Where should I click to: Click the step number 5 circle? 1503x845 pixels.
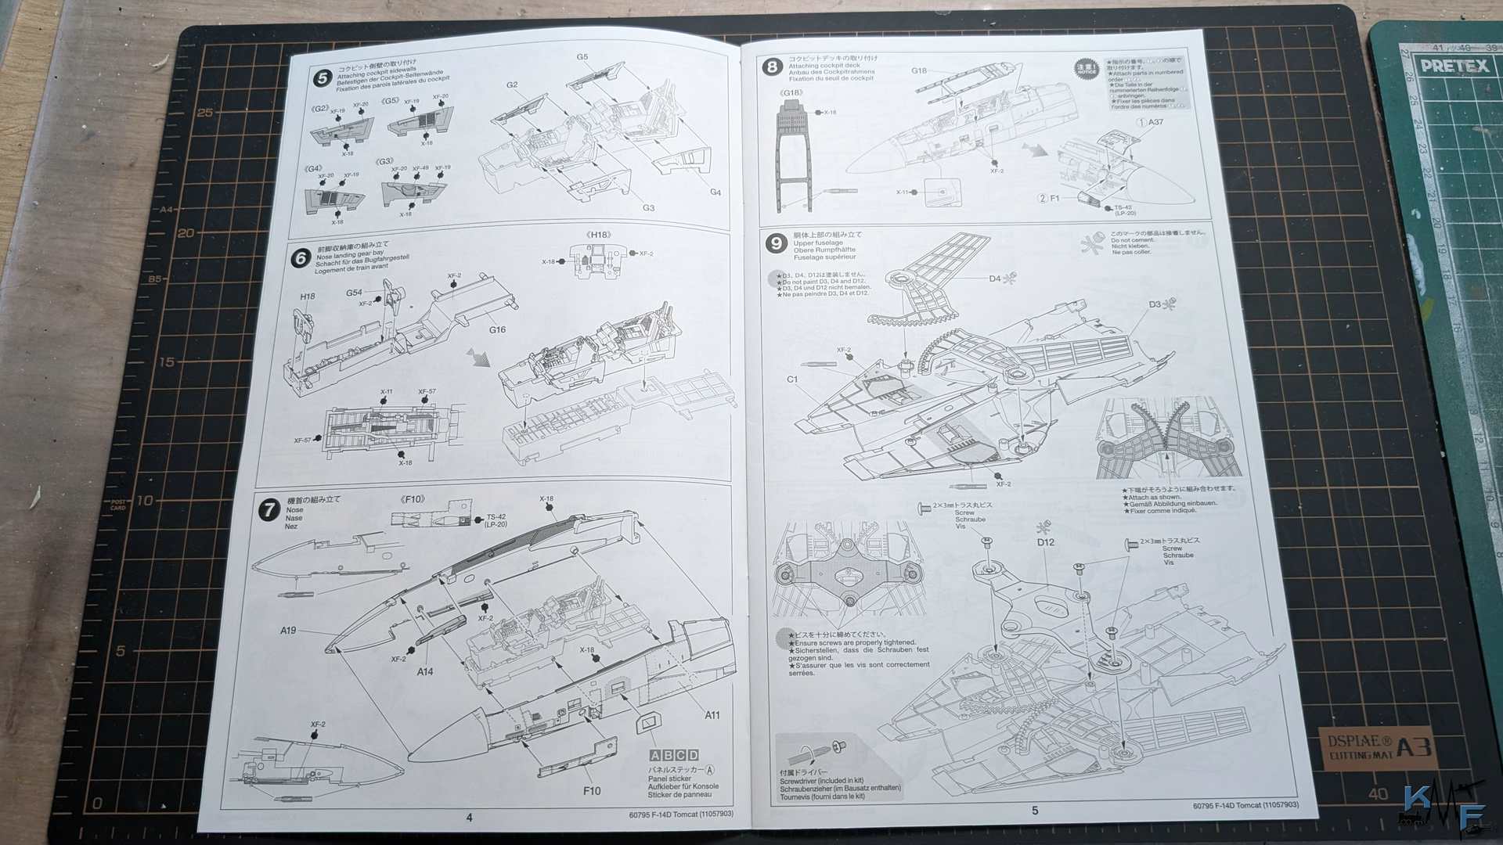pos(322,78)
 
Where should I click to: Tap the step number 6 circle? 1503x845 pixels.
pos(301,258)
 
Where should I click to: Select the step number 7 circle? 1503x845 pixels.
pos(269,510)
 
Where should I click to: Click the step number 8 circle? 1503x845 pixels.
pos(772,67)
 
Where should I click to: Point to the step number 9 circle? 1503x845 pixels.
pos(776,243)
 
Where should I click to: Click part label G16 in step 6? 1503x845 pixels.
pos(497,330)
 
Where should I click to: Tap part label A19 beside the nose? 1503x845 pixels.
pos(288,631)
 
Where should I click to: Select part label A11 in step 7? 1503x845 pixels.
pos(712,715)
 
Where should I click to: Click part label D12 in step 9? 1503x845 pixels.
pos(1045,542)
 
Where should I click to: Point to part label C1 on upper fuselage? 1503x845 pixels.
pos(792,379)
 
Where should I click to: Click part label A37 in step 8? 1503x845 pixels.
pos(1155,122)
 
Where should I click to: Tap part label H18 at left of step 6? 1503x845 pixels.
pos(307,297)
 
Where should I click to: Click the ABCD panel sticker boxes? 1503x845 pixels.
pos(673,755)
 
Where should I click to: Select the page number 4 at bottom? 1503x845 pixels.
pos(469,818)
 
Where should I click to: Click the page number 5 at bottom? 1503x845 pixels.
pos(1035,811)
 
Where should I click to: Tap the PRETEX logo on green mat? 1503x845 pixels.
pos(1454,66)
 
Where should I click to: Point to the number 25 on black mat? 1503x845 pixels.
pos(204,113)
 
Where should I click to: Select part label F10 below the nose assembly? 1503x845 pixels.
pos(592,791)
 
